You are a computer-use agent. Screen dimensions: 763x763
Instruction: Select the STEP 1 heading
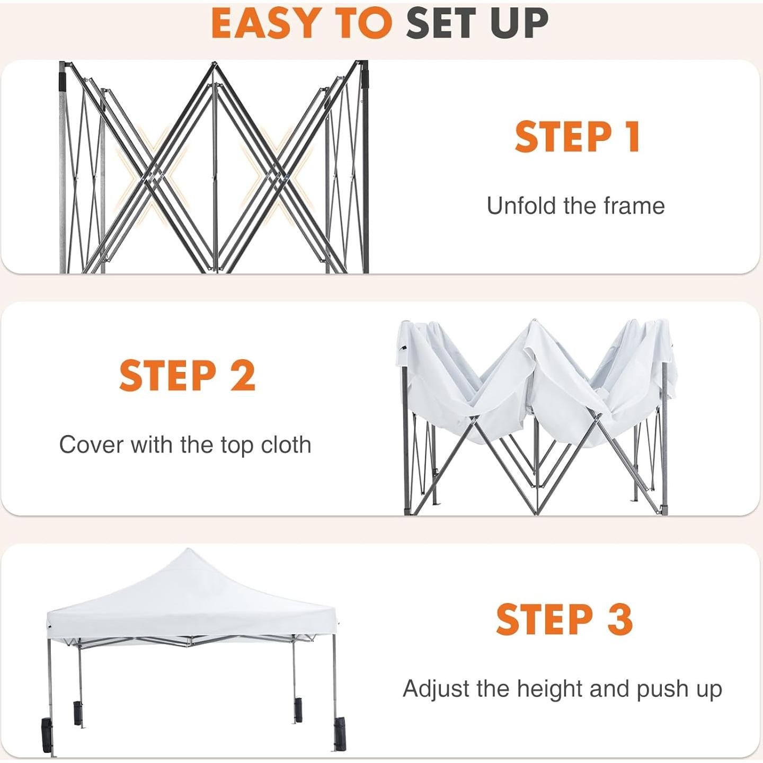coord(577,137)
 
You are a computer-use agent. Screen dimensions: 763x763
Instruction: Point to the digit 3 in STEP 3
coord(619,619)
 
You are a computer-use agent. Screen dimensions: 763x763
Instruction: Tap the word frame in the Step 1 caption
coord(634,206)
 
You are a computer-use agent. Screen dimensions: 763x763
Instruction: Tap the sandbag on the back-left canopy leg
coord(78,713)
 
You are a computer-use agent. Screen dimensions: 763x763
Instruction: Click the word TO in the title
coord(366,23)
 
